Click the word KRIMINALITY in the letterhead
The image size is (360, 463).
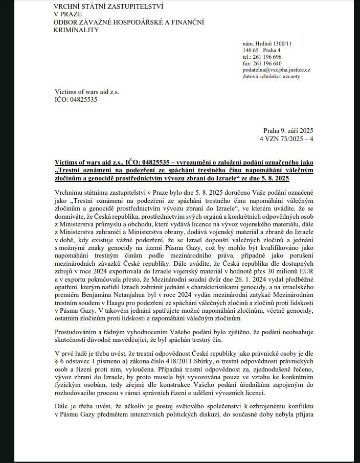[76, 30]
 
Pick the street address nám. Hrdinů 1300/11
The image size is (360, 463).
[267, 43]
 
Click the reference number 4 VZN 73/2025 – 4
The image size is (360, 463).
[286, 138]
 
